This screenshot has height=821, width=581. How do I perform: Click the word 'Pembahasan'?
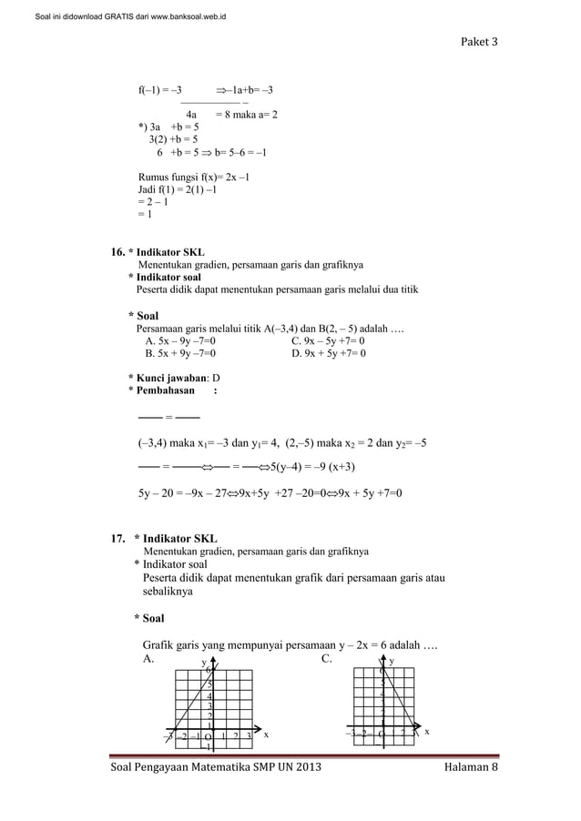coord(165,390)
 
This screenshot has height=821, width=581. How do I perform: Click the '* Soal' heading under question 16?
coord(144,315)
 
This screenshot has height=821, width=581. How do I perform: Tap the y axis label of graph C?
coord(392,660)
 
